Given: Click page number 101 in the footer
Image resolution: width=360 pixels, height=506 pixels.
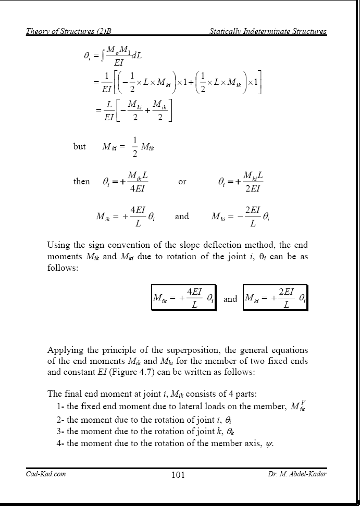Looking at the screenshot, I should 178,475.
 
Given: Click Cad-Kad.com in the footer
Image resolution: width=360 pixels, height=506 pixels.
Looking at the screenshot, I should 46,474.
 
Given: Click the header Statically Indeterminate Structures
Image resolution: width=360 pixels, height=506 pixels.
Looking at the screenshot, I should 268,31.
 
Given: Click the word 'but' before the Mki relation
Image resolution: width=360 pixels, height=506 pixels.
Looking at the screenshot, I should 80,147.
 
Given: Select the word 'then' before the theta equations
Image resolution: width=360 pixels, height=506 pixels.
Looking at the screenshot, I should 81,182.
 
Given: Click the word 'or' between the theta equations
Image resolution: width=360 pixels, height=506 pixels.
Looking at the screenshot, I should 182,182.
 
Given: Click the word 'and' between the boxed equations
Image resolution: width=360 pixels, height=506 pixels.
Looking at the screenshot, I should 230,299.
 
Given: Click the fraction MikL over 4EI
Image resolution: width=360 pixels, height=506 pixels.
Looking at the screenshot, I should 138,182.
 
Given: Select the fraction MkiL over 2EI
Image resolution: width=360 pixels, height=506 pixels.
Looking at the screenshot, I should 253,182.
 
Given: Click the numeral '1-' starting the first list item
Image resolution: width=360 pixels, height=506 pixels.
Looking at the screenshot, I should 60,407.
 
